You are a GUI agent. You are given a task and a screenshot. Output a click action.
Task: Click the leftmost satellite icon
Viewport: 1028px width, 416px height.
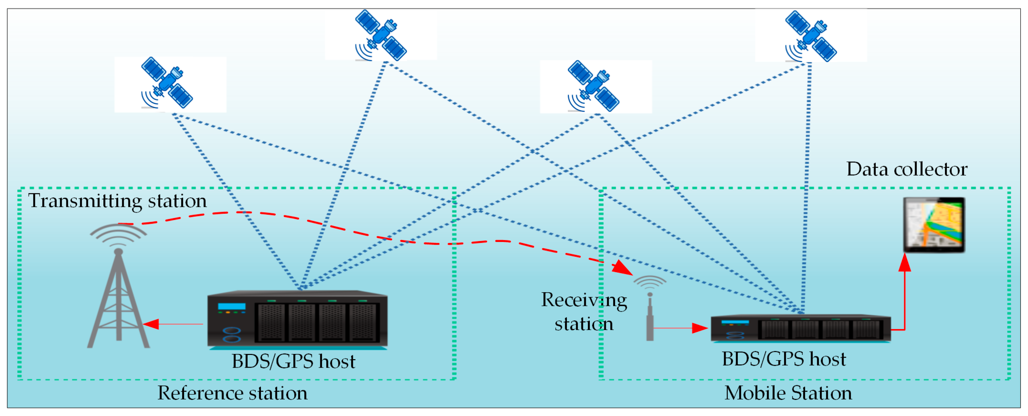tap(167, 83)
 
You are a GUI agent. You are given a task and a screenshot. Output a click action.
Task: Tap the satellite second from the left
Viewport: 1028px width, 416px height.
tap(381, 35)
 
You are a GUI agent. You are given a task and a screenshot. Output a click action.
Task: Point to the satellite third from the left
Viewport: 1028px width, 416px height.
tap(593, 85)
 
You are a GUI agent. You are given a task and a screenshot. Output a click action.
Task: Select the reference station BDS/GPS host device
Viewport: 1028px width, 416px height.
tap(297, 319)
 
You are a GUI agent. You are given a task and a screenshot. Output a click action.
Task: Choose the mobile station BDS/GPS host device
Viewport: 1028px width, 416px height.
tap(801, 328)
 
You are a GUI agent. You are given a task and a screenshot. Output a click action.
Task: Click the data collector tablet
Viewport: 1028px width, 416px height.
tap(934, 225)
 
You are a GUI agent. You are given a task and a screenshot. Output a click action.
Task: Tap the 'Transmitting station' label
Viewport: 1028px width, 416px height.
tap(117, 200)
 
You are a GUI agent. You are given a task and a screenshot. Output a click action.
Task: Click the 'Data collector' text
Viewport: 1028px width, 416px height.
tap(907, 169)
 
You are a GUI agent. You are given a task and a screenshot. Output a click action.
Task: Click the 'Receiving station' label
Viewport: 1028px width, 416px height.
tap(584, 312)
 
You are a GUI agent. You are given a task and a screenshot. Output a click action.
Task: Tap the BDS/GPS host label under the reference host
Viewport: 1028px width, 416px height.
tap(293, 361)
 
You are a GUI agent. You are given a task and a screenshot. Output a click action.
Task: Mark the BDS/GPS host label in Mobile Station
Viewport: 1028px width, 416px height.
tap(784, 359)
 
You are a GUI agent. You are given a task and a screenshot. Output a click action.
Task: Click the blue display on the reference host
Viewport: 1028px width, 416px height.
tap(231, 307)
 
